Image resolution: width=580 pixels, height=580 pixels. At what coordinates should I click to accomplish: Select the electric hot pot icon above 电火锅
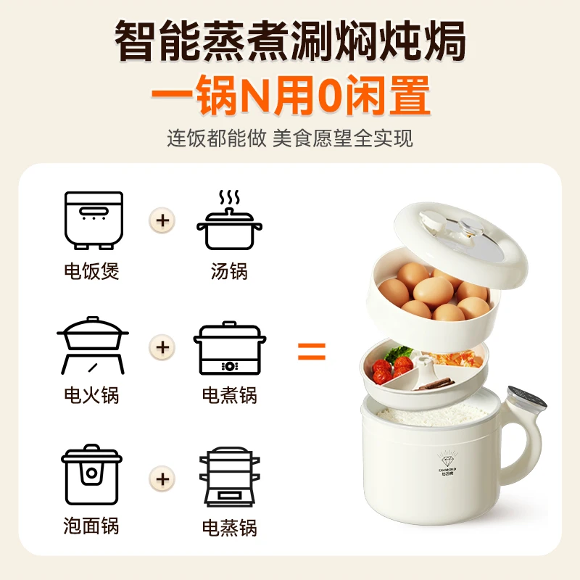(x=92, y=344)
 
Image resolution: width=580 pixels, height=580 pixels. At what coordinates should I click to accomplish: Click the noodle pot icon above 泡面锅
(x=92, y=474)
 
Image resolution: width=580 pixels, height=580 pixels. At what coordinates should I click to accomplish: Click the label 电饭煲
(x=91, y=271)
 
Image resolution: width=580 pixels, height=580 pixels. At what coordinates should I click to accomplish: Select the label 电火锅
(x=91, y=395)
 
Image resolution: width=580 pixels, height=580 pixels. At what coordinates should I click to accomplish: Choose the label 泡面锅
(x=91, y=526)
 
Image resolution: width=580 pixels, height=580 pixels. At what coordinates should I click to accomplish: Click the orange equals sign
(x=312, y=353)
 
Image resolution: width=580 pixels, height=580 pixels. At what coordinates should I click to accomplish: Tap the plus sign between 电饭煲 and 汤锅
(x=162, y=219)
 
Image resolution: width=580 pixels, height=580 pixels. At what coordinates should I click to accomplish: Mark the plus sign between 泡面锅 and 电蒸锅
(x=162, y=478)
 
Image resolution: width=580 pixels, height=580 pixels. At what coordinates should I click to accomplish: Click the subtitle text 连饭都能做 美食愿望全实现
(x=290, y=138)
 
